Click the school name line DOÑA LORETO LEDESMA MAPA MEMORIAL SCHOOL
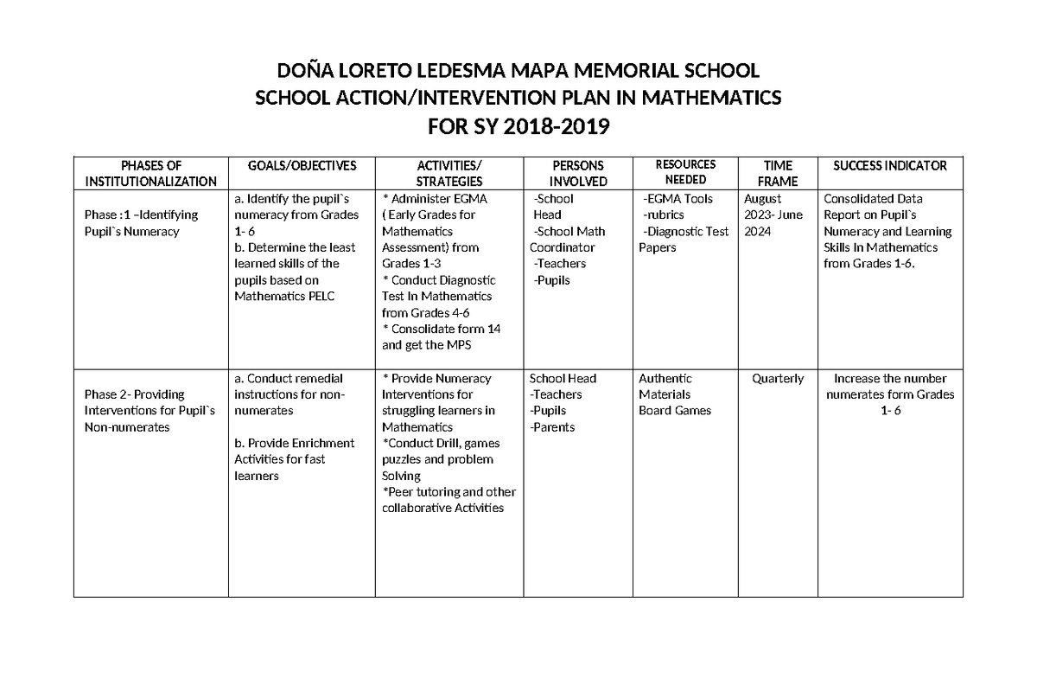[x=518, y=70]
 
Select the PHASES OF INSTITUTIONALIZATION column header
[x=151, y=173]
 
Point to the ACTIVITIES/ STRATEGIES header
[x=449, y=173]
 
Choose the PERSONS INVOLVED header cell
[x=578, y=173]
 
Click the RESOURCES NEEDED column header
[x=686, y=172]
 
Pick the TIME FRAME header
[x=778, y=173]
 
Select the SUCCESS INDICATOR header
[x=890, y=165]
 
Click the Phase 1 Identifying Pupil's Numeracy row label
[x=141, y=223]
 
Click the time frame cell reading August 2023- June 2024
[x=773, y=215]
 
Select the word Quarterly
[x=778, y=379]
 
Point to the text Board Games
[x=675, y=411]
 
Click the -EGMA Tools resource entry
[x=678, y=199]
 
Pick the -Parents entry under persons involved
[x=552, y=427]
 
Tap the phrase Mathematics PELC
[x=284, y=296]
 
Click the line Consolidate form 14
[x=442, y=329]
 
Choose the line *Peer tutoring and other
[x=449, y=492]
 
